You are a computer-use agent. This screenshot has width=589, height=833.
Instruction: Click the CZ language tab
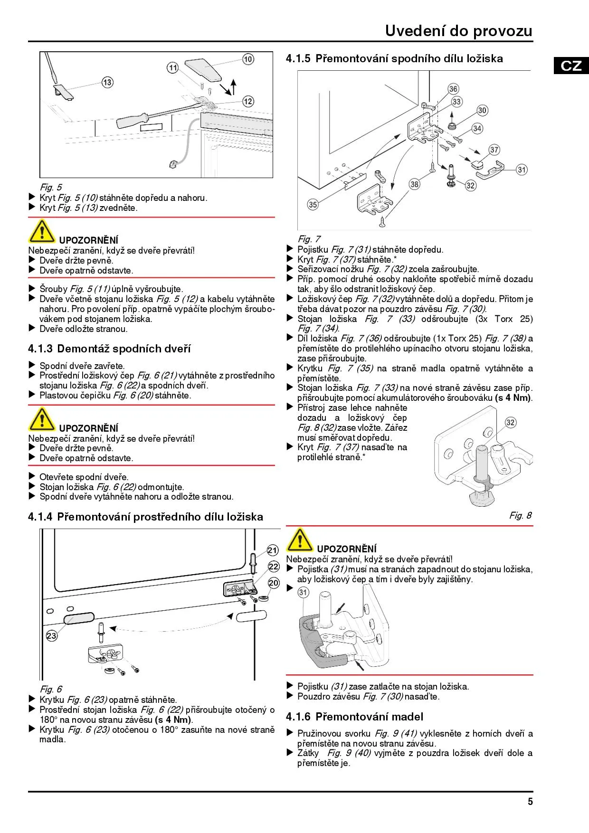pos(571,65)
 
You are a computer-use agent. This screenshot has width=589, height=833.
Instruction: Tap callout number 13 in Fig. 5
pos(107,83)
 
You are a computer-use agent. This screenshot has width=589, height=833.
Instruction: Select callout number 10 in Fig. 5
pos(248,59)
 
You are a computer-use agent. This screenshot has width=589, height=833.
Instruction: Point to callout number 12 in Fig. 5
pos(248,101)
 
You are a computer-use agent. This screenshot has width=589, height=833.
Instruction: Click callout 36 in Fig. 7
pos(454,89)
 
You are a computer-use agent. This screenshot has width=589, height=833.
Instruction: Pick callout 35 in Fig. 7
pos(313,205)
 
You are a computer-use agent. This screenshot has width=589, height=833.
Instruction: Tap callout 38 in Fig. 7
pos(415,184)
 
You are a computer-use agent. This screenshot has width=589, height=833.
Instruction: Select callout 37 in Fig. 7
pos(494,150)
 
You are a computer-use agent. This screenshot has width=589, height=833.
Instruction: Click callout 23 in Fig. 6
pos(51,636)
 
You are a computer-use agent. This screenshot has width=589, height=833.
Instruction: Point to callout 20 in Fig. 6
pos(274,583)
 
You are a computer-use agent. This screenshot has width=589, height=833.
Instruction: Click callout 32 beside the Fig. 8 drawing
pos(510,423)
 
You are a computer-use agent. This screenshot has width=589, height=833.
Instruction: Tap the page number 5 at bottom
pos(530,802)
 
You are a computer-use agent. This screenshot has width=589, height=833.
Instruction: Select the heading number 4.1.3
pos(40,349)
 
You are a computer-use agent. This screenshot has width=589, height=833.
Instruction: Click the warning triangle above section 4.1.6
pos(300,540)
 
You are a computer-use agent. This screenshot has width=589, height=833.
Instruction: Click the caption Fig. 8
pos(521,515)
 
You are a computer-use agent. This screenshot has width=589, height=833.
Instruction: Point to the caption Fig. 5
pos(51,187)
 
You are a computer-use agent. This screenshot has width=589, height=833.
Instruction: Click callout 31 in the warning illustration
pos(303,592)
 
